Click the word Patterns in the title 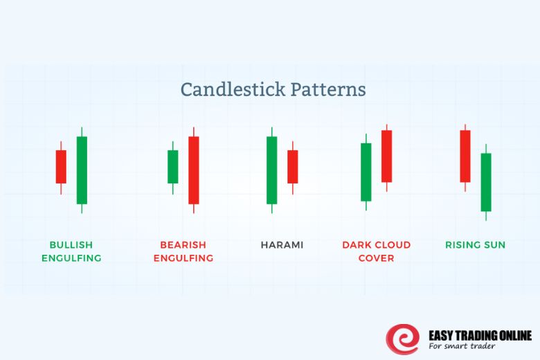(x=328, y=90)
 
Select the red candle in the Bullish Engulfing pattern (x=61, y=166)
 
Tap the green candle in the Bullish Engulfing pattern (x=82, y=170)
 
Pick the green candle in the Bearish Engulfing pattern (x=172, y=166)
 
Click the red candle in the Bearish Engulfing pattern (x=194, y=170)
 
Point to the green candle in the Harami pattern (x=271, y=170)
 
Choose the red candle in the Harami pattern (x=293, y=166)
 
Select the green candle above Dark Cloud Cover (x=366, y=172)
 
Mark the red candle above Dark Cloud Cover (x=386, y=156)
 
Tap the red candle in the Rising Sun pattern (x=465, y=156)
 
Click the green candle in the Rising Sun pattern (x=486, y=181)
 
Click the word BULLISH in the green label (x=71, y=245)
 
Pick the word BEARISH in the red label (x=183, y=245)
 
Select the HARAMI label (x=282, y=245)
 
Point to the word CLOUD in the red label (x=392, y=245)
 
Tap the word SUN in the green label (x=494, y=245)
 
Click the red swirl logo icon (x=402, y=339)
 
